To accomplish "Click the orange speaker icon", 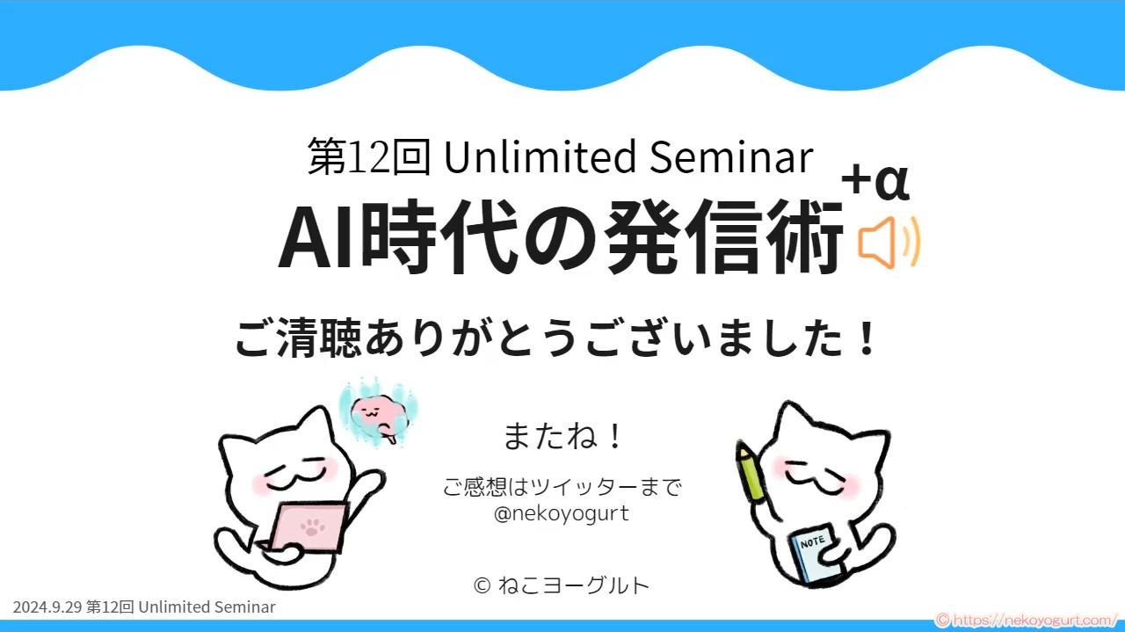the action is click(x=888, y=243).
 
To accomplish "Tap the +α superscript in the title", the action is click(x=875, y=181).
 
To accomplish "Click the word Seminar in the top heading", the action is click(x=730, y=156).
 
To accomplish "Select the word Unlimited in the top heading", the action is click(x=540, y=156).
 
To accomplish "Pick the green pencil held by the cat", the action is click(x=750, y=471).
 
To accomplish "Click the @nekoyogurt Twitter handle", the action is click(x=562, y=514).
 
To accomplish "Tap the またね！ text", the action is click(x=562, y=436).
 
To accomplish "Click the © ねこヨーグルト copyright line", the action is click(x=562, y=585).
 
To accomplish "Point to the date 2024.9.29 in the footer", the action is click(x=47, y=607).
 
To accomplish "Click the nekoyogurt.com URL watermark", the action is click(x=1028, y=621).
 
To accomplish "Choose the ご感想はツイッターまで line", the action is click(x=562, y=486).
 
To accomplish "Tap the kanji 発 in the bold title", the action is click(x=640, y=236).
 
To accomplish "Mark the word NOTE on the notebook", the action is click(x=812, y=541).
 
